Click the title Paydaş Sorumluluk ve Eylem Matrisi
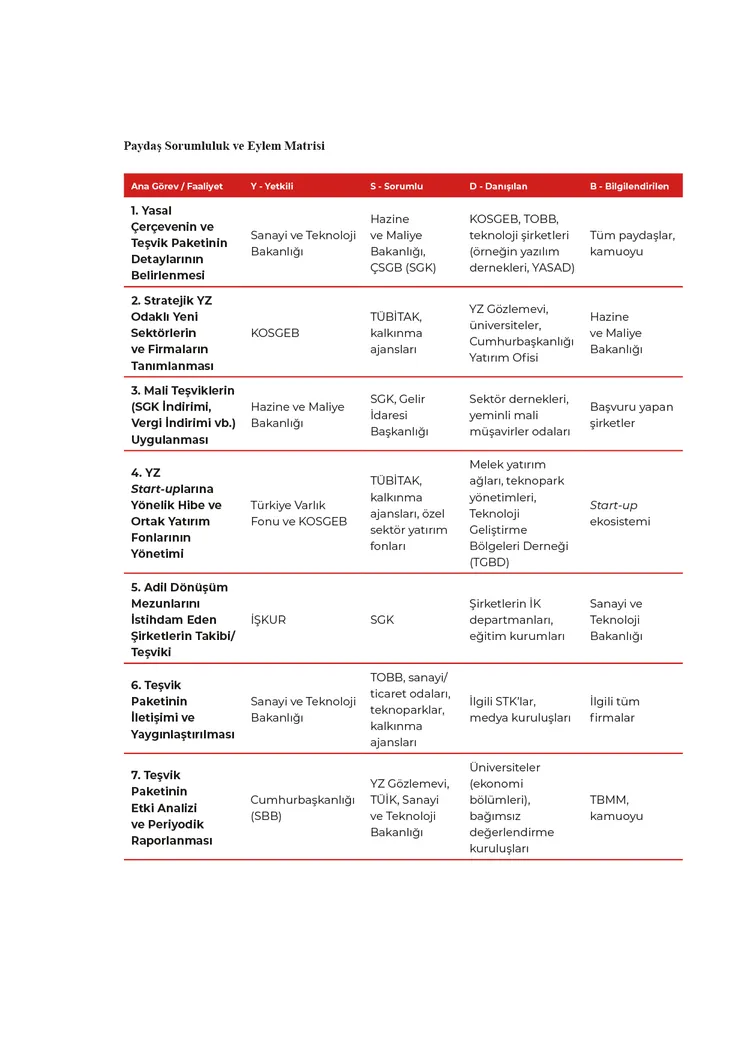[224, 146]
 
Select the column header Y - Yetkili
[272, 186]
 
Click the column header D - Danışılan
[498, 186]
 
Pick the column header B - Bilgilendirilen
[629, 186]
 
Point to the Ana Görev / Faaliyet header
[177, 186]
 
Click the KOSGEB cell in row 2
[275, 333]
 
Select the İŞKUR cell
[268, 620]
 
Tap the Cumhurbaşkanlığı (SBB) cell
[302, 808]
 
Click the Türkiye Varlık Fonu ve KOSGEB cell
[298, 513]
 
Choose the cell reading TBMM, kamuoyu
[616, 808]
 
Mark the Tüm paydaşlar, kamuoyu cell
[632, 243]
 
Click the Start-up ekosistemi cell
[620, 513]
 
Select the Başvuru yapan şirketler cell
[631, 415]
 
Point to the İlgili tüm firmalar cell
[615, 710]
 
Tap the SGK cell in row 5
[382, 620]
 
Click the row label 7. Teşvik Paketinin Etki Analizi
[171, 808]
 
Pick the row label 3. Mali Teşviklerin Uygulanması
[183, 415]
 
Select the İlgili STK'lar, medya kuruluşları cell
[520, 710]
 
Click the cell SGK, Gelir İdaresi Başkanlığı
[399, 415]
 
